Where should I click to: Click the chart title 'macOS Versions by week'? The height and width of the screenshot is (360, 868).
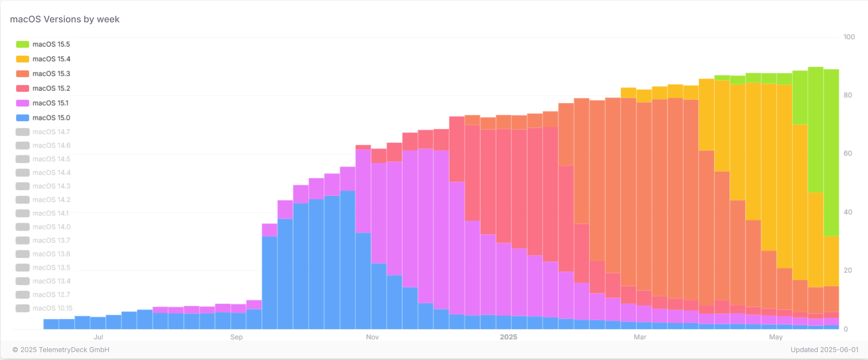point(65,19)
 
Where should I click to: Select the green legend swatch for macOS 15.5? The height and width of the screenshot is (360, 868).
point(23,44)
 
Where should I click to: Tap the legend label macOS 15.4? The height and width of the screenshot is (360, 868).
point(51,59)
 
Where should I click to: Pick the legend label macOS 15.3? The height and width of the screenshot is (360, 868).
point(51,73)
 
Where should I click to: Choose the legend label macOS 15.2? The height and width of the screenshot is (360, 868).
point(51,88)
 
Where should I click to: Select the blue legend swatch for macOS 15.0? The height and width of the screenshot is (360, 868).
point(23,118)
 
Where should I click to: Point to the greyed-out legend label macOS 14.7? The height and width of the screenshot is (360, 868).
point(51,132)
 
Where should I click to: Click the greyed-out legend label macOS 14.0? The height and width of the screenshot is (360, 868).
point(51,227)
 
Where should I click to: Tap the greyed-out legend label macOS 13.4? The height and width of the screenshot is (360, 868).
point(51,281)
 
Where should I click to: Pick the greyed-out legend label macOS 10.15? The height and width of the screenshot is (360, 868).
point(53,308)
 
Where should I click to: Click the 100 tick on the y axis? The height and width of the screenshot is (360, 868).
point(849,37)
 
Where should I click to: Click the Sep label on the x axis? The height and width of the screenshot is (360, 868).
point(236,337)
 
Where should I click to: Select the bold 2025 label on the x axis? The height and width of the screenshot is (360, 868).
point(508,337)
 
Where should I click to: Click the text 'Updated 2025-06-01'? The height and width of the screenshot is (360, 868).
point(824,350)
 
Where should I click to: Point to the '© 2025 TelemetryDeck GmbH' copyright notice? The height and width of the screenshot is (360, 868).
point(61,350)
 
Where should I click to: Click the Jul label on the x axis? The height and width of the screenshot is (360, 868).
point(98,337)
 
